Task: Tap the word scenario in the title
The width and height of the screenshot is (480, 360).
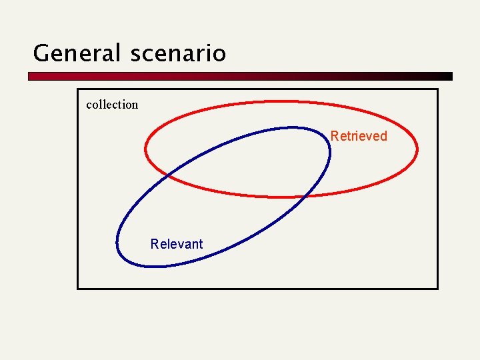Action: pos(178,53)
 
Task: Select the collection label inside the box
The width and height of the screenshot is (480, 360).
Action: pos(112,105)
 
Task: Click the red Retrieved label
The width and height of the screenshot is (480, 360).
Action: pos(359,136)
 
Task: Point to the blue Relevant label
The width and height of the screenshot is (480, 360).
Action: pos(177,244)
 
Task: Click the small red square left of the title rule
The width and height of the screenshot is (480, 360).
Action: pos(31,77)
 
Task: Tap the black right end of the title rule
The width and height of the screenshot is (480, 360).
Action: pos(448,77)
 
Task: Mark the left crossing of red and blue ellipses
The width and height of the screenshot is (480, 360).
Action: pos(167,175)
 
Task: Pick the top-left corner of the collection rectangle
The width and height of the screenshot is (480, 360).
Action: pos(78,89)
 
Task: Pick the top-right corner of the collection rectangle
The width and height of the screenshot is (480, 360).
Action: pos(438,89)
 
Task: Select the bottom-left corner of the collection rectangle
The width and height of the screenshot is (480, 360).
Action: pos(78,288)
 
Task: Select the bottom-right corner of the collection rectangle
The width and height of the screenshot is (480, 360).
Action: pos(438,288)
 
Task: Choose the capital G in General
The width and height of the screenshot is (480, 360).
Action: pos(41,53)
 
